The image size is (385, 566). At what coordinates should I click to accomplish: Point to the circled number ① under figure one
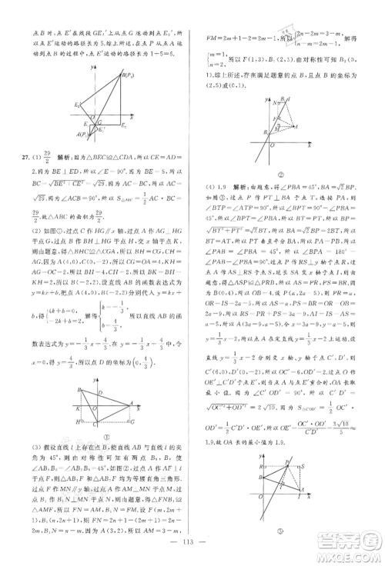99,444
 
